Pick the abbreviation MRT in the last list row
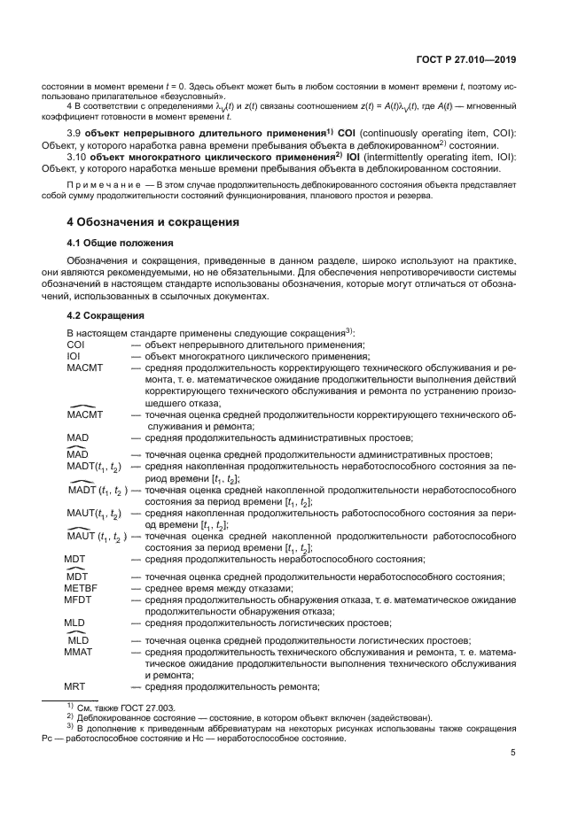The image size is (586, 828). coord(78,686)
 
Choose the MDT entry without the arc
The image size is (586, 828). coord(76,559)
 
